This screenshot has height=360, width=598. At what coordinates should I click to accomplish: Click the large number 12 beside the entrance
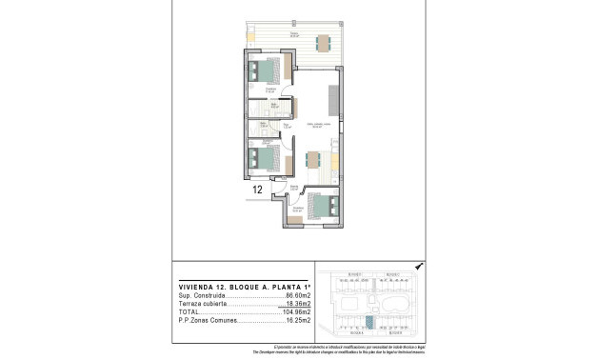pyautogui.click(x=257, y=190)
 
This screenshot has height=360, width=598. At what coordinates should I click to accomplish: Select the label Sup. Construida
pyautogui.click(x=201, y=296)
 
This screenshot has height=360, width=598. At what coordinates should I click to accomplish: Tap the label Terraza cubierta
pyautogui.click(x=203, y=304)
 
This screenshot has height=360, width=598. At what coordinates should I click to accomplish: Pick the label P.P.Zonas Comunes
pyautogui.click(x=209, y=321)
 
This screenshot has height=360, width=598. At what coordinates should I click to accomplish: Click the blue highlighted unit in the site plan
pyautogui.click(x=369, y=321)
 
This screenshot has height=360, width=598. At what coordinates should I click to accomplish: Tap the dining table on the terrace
pyautogui.click(x=324, y=41)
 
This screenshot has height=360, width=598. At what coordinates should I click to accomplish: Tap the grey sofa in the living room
pyautogui.click(x=334, y=100)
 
